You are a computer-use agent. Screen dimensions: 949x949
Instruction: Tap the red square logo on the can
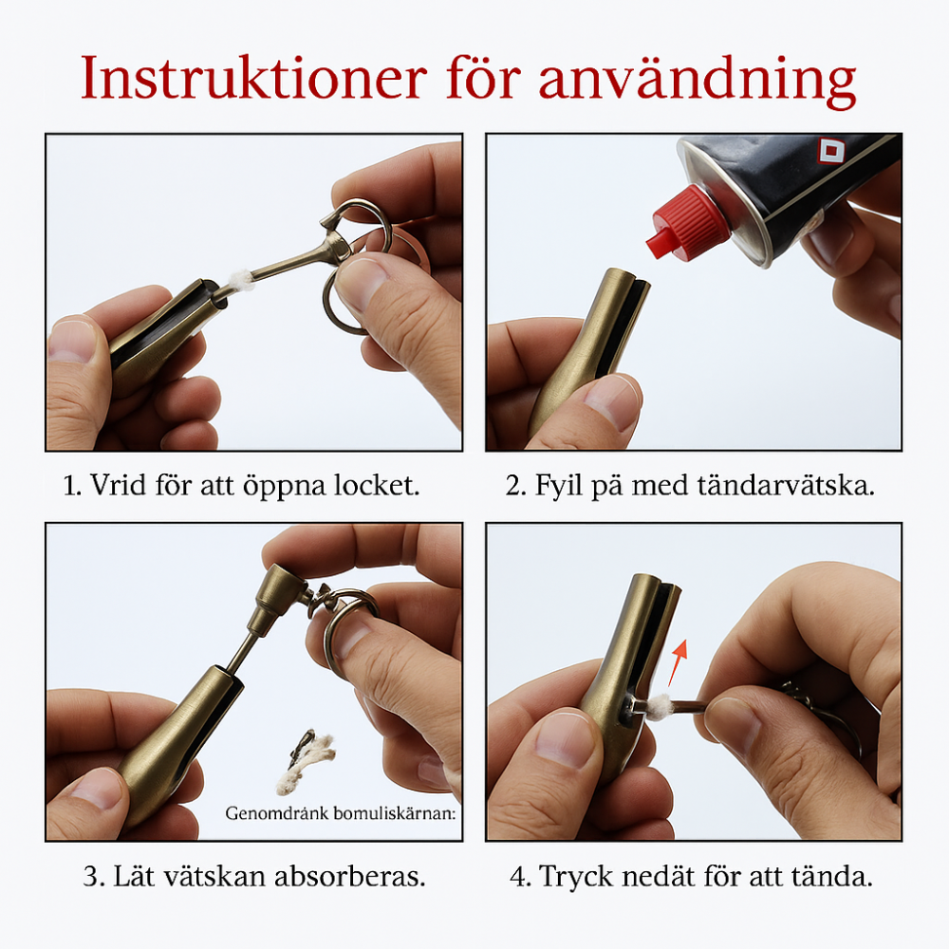831,151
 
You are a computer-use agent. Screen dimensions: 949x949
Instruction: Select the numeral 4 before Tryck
518,875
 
